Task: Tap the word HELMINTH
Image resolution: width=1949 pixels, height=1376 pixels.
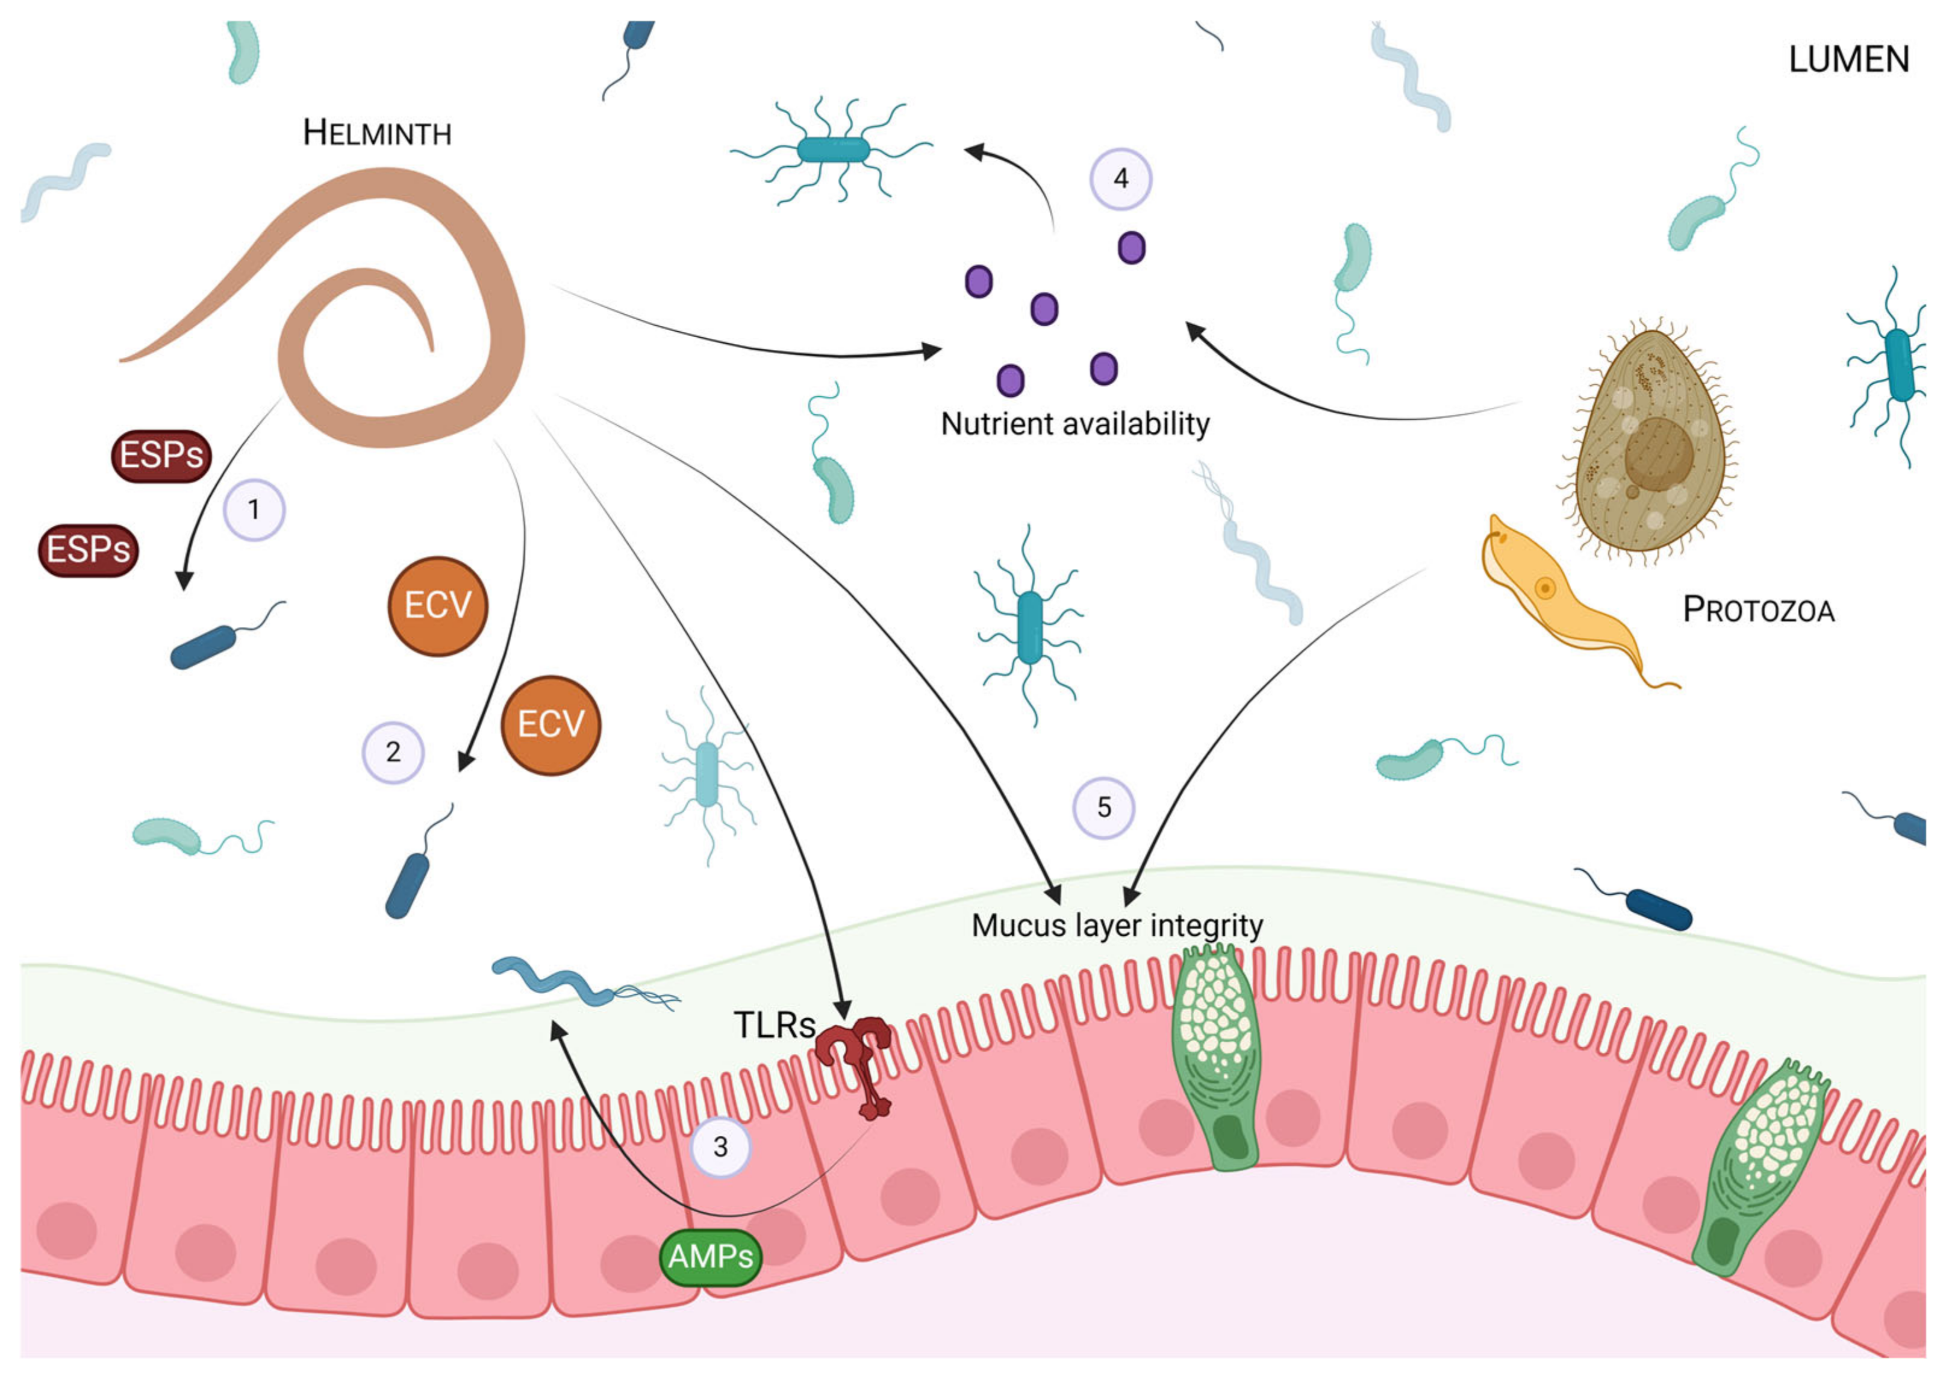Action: click(x=377, y=133)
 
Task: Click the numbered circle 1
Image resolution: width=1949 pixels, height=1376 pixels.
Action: click(x=254, y=510)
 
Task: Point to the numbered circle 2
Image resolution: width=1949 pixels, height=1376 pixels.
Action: click(x=393, y=752)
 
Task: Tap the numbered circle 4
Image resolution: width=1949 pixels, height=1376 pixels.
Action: click(x=1120, y=179)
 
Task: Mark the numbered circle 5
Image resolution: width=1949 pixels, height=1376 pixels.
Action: click(x=1103, y=808)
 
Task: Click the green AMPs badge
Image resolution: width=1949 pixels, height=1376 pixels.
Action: click(x=711, y=1256)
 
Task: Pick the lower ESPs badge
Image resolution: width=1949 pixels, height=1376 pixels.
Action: click(x=89, y=550)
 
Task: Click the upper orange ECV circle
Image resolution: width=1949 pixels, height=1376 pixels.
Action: click(x=437, y=606)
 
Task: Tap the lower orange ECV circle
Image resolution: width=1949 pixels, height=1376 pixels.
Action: click(x=551, y=725)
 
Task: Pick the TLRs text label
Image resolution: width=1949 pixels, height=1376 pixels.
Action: click(x=773, y=1026)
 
